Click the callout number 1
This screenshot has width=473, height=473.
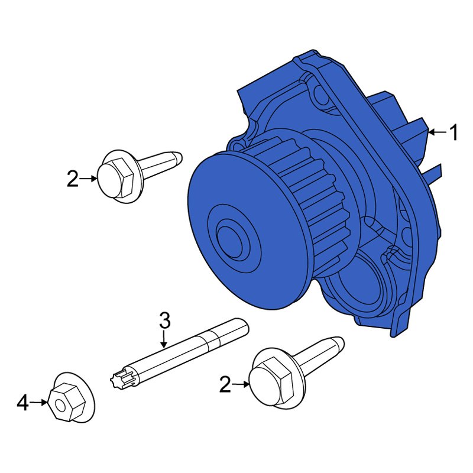(x=453, y=133)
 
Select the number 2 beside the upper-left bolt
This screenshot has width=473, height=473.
(x=72, y=179)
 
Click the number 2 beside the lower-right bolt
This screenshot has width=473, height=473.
(x=225, y=385)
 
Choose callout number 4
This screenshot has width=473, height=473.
(x=22, y=403)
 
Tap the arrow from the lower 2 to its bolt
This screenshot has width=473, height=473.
(x=242, y=385)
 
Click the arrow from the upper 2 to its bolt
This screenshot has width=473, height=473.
(x=89, y=178)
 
